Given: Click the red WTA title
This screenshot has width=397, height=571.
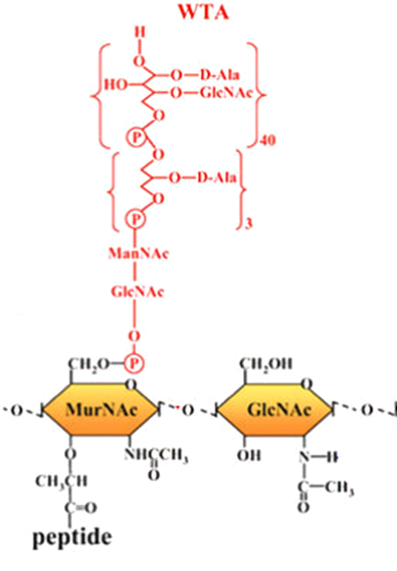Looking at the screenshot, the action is (x=203, y=12).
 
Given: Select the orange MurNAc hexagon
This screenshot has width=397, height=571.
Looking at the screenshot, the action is (x=101, y=410).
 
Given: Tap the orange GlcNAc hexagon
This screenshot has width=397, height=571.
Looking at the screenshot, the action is (x=276, y=410).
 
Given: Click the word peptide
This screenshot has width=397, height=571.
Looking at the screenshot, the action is (x=72, y=537).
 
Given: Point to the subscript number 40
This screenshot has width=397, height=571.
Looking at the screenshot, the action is (x=267, y=140).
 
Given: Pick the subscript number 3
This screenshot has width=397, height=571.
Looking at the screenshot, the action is (x=249, y=223).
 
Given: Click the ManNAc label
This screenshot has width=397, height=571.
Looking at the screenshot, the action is (x=138, y=253).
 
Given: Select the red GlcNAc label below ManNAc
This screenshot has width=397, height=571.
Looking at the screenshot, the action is (x=137, y=291).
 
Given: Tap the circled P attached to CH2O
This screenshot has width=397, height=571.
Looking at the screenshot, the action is (x=134, y=363).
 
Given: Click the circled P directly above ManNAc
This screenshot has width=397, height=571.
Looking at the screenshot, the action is (x=136, y=219).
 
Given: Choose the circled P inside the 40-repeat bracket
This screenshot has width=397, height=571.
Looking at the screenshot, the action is (x=136, y=137).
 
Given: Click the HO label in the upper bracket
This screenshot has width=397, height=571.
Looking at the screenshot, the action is (x=115, y=85).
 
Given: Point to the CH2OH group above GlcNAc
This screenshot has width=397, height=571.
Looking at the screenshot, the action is (x=266, y=363).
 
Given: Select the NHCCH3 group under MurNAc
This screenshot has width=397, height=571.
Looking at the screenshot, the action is (x=157, y=456).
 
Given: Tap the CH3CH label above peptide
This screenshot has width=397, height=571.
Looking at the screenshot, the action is (x=62, y=481).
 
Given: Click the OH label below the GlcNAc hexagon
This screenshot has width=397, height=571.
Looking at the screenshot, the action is (x=249, y=455).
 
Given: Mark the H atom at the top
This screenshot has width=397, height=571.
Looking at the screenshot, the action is (x=140, y=33).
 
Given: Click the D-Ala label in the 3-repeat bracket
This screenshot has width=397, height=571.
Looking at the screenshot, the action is (x=216, y=178).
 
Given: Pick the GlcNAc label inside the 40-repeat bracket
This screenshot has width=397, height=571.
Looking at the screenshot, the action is (x=226, y=93).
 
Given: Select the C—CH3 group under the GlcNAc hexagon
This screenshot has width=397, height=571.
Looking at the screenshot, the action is (x=326, y=486).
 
